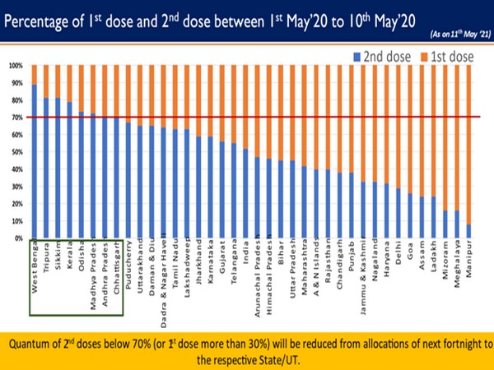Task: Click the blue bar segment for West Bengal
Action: (x=34, y=161)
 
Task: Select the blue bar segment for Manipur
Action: (x=469, y=231)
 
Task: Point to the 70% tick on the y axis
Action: (x=16, y=117)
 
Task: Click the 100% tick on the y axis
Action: (x=15, y=65)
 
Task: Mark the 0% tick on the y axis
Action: (x=16, y=238)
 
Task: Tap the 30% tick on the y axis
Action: (x=16, y=186)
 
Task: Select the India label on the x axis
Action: (x=246, y=251)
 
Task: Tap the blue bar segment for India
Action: (x=246, y=193)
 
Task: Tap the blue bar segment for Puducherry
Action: (x=128, y=180)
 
